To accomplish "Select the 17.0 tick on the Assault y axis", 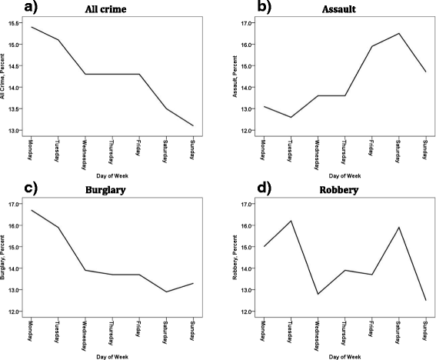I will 243,23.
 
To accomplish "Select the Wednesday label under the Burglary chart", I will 85,332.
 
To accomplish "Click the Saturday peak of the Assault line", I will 398,33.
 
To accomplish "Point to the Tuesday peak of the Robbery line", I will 291,221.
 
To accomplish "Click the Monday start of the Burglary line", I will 31,210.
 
